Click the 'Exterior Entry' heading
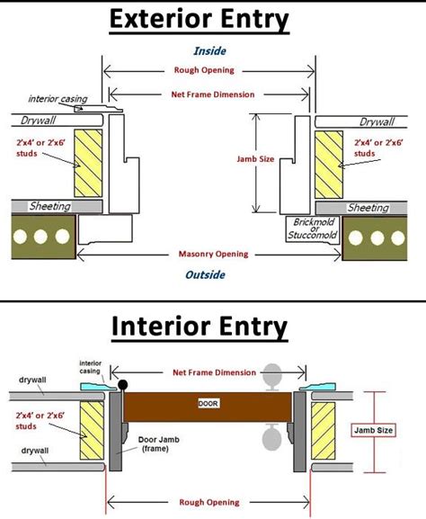(x=212, y=20)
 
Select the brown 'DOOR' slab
(x=208, y=406)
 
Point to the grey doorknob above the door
(x=274, y=373)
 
